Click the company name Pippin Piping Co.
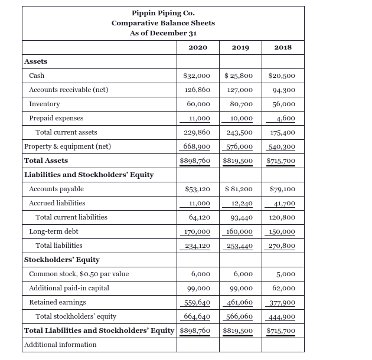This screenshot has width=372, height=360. click(163, 13)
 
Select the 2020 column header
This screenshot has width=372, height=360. click(197, 47)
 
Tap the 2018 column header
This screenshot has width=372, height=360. click(283, 47)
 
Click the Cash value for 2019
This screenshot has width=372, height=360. click(239, 76)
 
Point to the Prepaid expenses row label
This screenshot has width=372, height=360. click(56, 118)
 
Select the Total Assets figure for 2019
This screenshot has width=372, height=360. click(238, 161)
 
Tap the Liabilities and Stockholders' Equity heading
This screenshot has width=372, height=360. click(89, 175)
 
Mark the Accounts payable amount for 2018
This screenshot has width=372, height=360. click(282, 189)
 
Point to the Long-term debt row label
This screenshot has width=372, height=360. click(54, 231)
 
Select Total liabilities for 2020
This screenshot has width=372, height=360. click(197, 246)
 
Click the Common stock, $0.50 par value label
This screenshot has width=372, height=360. click(79, 274)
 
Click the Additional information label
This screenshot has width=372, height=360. click(60, 345)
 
